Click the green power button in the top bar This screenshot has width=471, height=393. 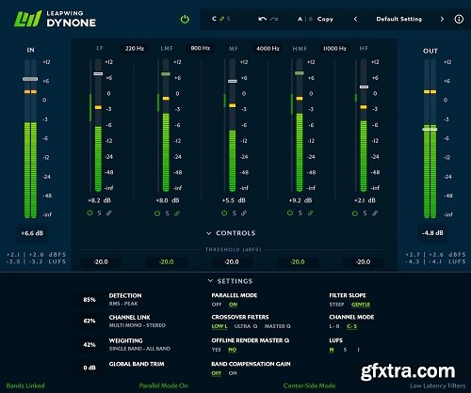click(x=187, y=19)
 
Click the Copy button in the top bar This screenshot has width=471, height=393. click(x=325, y=19)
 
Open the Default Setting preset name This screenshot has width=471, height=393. click(x=398, y=19)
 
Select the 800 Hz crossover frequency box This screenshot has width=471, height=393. click(x=200, y=46)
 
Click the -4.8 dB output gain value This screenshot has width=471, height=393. click(x=432, y=231)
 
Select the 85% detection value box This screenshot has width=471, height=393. click(x=89, y=300)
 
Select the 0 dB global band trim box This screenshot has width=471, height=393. click(x=89, y=368)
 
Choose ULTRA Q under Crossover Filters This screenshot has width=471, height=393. click(x=247, y=326)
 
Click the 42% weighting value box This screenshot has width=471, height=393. click(x=89, y=345)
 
